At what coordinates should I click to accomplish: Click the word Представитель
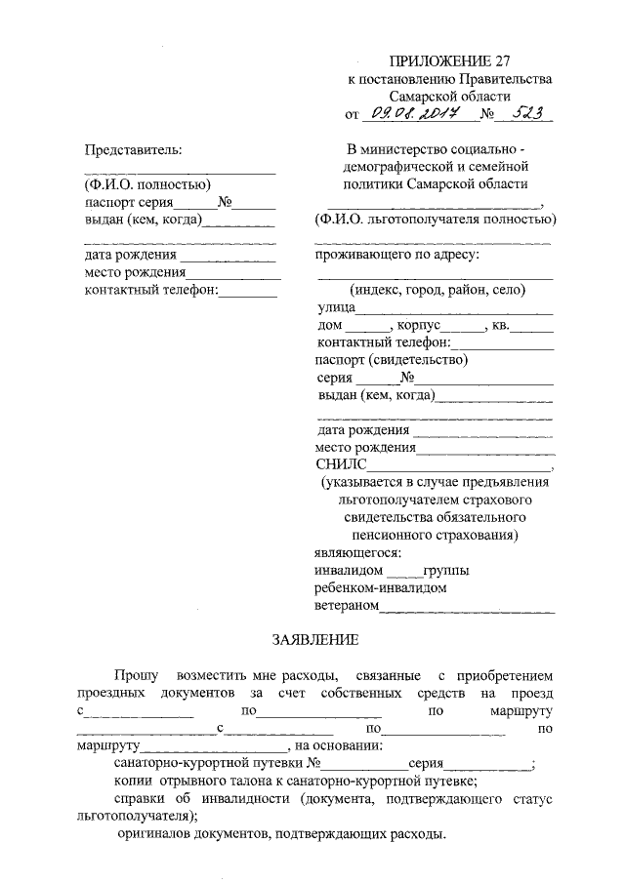tap(134, 148)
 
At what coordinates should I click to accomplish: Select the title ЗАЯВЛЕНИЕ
tap(314, 640)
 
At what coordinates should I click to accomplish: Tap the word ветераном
tap(346, 606)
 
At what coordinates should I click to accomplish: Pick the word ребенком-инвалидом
tap(381, 588)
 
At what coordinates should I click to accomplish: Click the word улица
tap(336, 307)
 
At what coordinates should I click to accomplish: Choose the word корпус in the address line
tap(427, 325)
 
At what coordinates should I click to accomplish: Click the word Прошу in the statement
tap(134, 674)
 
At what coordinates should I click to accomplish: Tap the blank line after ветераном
tap(467, 608)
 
